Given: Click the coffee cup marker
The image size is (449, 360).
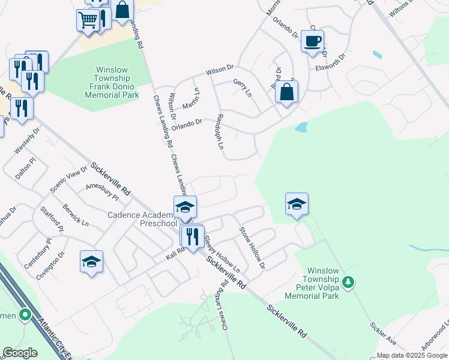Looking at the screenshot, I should coord(312,41).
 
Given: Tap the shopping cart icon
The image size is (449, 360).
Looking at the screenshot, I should coord(88,21).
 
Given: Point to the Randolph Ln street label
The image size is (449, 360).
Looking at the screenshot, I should coord(220,133).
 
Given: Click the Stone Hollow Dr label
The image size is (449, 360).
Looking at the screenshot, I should coord(252,247).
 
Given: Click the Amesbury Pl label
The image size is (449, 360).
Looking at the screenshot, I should coord(103,190).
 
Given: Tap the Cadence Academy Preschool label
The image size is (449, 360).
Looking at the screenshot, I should coord(142,219).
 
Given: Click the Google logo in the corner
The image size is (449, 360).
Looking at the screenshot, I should coord(20,353).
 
